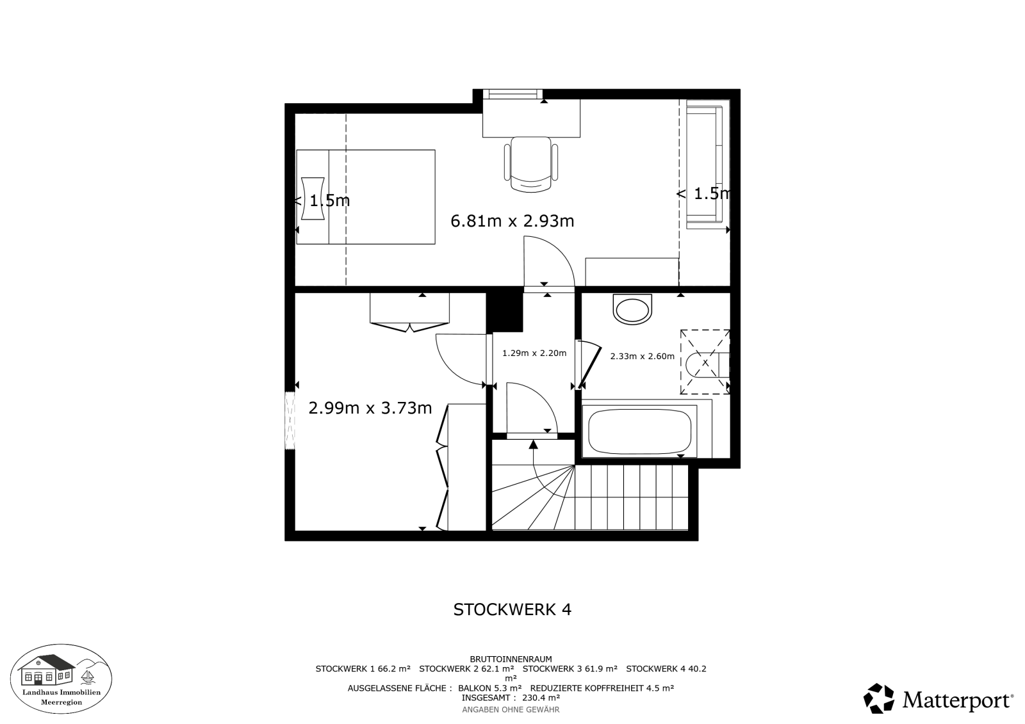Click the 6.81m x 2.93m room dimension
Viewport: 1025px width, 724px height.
coord(512,221)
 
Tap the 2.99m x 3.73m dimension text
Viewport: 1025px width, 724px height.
coord(370,408)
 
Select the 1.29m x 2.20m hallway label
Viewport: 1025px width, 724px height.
coord(534,353)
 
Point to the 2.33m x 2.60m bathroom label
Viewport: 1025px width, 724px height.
coord(642,357)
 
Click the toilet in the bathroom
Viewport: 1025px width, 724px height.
coord(632,310)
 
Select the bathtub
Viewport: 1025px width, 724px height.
coord(640,430)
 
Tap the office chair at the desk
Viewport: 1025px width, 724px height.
coord(531,165)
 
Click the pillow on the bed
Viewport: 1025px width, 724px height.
coord(313,199)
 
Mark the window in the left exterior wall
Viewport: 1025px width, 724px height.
coord(290,421)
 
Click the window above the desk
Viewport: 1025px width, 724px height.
coord(512,94)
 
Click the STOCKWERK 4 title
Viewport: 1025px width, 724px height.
coord(512,609)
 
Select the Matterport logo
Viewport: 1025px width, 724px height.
coord(938,699)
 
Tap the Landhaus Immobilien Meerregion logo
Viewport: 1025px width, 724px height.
coord(61,679)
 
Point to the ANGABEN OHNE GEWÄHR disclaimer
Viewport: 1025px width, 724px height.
coord(511,710)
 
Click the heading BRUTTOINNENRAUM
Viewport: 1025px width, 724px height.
coord(511,659)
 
